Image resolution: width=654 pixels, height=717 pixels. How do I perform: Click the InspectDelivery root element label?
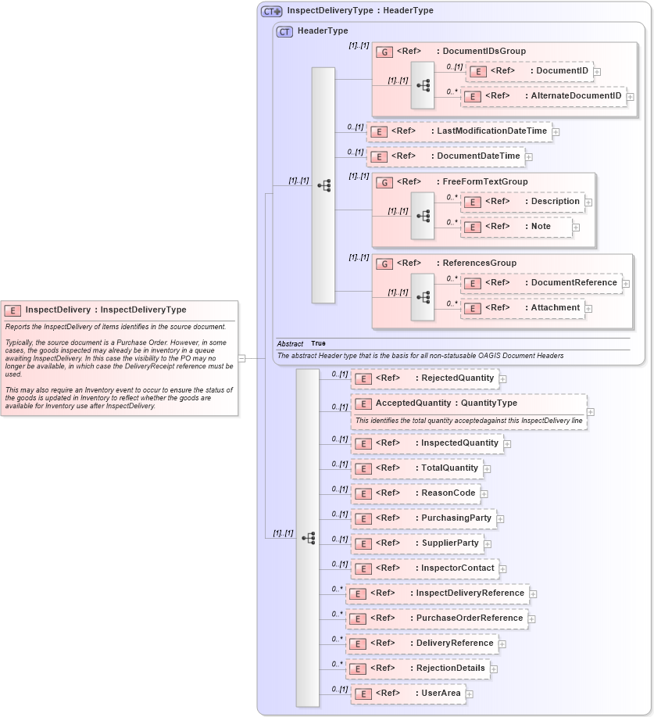105,310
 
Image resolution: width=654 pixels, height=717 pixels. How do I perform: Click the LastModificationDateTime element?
459,131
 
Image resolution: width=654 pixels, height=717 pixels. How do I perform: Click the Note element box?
516,227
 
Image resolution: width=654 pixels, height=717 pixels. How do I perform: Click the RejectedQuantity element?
424,378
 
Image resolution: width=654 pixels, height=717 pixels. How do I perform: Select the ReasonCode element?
415,493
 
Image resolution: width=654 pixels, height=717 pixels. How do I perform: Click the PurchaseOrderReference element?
437,618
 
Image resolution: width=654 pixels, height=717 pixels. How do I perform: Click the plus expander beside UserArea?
470,694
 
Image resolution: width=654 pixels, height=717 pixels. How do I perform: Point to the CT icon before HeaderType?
285,31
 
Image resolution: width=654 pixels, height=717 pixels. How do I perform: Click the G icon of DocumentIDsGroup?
384,52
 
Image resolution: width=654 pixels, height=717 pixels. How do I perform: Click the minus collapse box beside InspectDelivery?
242,358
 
